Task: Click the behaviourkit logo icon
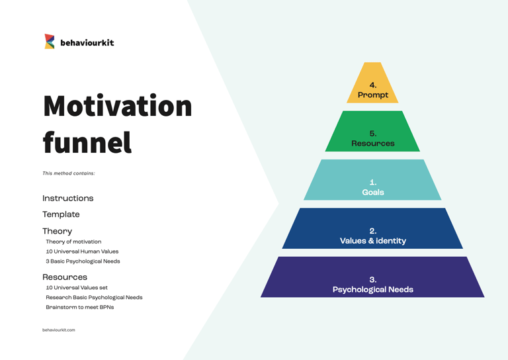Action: click(50, 42)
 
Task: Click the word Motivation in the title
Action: click(118, 107)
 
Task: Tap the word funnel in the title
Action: click(87, 142)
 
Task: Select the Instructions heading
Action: click(68, 199)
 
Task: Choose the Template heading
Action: click(61, 214)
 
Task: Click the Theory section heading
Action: click(58, 231)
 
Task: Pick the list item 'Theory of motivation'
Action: click(73, 242)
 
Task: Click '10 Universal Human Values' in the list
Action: click(82, 251)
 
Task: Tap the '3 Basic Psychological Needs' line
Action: click(83, 261)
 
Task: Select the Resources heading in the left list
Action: click(65, 277)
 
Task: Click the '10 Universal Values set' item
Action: click(77, 288)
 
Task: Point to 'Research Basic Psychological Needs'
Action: click(94, 298)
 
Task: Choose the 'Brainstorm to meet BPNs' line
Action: click(79, 307)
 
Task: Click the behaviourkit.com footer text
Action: click(59, 330)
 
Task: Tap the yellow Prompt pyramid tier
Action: click(373, 89)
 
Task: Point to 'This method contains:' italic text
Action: click(69, 173)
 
